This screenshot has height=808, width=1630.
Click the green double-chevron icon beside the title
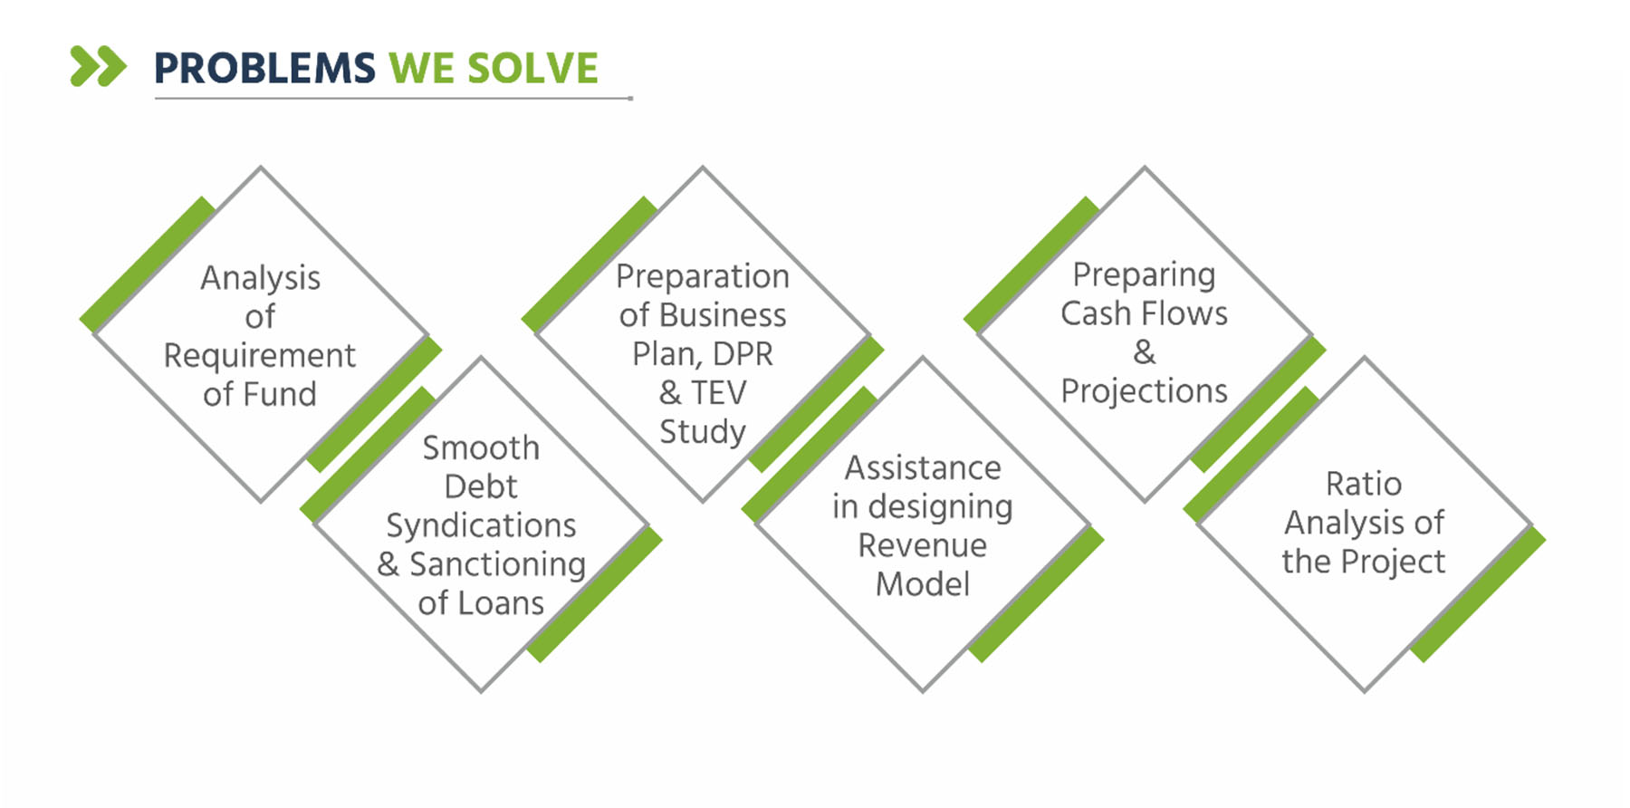(99, 66)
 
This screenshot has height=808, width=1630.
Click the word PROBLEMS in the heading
(264, 69)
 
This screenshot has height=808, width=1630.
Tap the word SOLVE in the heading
(532, 69)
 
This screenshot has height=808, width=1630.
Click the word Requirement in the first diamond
(260, 356)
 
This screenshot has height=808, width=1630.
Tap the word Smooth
(481, 447)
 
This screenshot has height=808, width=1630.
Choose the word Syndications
(481, 526)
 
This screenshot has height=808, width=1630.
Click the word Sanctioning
(497, 564)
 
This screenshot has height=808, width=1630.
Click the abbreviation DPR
(743, 353)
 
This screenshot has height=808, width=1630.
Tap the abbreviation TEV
(718, 392)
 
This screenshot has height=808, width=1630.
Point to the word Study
(703, 432)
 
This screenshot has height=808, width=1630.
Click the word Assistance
(923, 467)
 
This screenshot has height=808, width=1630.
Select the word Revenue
(922, 545)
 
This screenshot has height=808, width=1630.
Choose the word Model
(923, 584)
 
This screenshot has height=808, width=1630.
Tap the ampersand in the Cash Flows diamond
(1145, 351)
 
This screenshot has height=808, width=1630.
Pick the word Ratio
(1364, 484)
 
